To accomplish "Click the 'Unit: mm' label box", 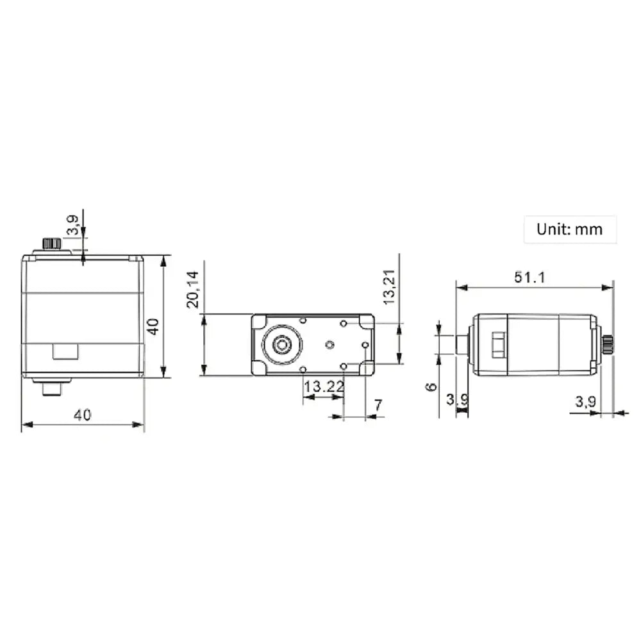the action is click(x=570, y=229).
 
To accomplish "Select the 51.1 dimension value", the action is click(x=529, y=278).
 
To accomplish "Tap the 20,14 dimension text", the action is click(x=192, y=289).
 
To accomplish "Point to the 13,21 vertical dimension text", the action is click(x=389, y=287).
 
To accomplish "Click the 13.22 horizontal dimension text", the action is click(x=324, y=387).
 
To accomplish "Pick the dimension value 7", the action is click(x=378, y=404).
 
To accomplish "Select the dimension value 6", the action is click(x=431, y=387).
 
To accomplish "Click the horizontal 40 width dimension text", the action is click(x=82, y=415).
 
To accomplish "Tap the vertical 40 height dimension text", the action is click(x=153, y=326).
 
